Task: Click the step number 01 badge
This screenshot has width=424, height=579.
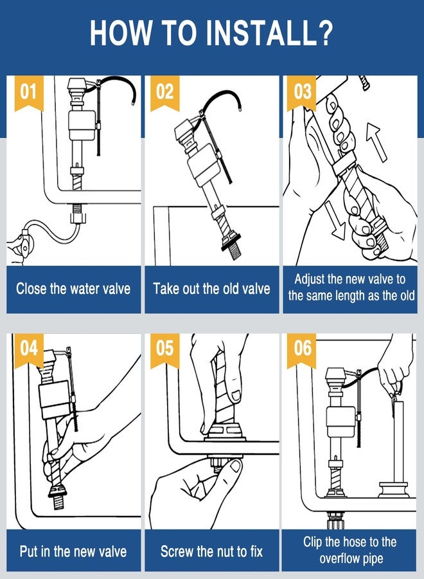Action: point(29,92)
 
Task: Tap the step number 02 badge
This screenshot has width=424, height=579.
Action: point(165,92)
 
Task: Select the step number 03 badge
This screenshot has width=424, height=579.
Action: point(301,92)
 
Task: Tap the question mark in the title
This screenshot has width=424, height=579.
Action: point(324,33)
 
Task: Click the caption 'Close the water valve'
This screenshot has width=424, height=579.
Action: point(73,288)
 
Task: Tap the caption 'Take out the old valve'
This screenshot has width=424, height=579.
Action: point(211,288)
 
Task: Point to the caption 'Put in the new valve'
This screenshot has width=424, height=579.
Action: point(73,552)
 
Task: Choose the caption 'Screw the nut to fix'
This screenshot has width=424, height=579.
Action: point(211,552)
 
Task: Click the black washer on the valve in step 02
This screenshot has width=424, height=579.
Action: point(231,242)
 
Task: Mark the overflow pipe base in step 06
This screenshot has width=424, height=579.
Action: point(394,490)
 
